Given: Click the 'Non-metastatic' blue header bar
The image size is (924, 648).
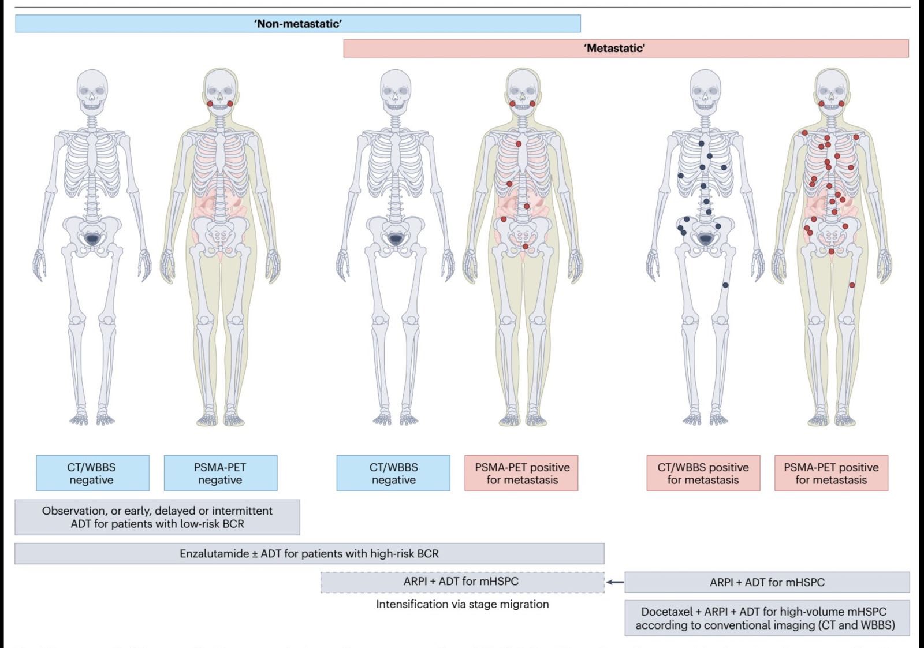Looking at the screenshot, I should (298, 24).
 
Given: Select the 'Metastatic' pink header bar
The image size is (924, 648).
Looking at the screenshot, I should (626, 49).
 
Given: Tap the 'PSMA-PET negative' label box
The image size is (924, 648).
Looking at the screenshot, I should (220, 473).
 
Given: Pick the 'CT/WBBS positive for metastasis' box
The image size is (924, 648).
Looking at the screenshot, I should (703, 473).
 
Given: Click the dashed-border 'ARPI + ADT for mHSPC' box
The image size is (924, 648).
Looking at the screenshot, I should (462, 582).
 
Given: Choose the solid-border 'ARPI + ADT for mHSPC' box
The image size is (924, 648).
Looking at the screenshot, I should (767, 583).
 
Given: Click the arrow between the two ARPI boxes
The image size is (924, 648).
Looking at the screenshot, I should (614, 582).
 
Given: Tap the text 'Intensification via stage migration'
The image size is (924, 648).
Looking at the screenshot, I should (462, 604).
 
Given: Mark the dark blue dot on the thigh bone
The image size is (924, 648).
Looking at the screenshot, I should (725, 285).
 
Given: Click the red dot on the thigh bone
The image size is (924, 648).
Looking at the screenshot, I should (852, 285).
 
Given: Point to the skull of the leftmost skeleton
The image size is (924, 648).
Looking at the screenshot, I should (92, 90).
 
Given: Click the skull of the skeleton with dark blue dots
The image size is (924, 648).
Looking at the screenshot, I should (705, 90).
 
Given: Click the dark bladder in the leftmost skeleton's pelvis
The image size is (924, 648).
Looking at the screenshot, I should (92, 238).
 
